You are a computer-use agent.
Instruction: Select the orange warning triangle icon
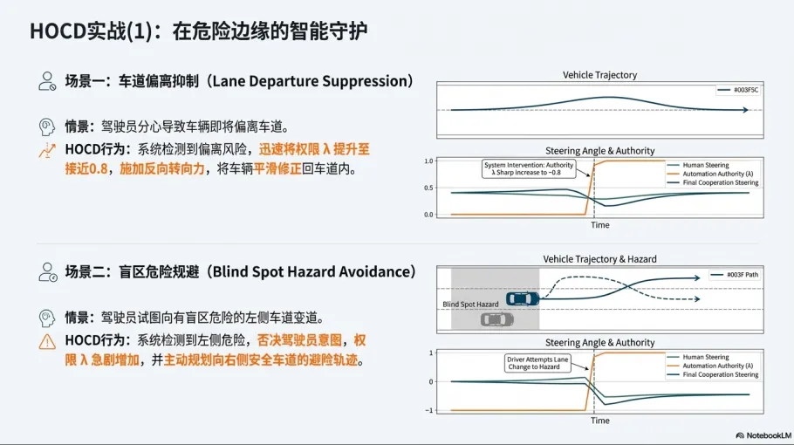(x=47, y=341)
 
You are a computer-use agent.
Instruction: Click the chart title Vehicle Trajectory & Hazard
(x=599, y=259)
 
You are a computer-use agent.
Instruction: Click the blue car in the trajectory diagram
(x=522, y=299)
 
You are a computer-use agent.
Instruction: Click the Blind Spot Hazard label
(x=470, y=305)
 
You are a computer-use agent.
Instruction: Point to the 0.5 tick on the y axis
(x=428, y=188)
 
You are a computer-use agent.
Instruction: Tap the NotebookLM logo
(x=762, y=435)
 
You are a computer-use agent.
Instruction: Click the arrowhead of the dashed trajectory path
(x=695, y=299)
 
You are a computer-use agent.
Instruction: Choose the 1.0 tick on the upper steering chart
(x=428, y=161)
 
